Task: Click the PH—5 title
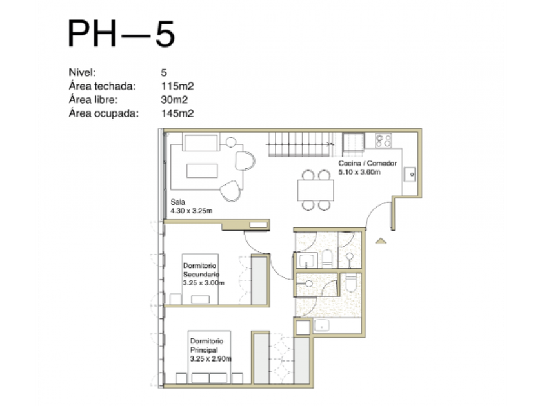coord(121,34)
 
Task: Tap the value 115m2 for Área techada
coord(177,86)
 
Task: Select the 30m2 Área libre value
coord(174,100)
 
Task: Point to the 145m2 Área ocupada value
coord(177,113)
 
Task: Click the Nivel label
coord(83,72)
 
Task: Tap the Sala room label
coord(177,202)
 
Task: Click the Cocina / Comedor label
coord(367,163)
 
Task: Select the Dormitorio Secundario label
coord(201,270)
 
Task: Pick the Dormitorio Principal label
coord(206,345)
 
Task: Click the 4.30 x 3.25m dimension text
coord(191,211)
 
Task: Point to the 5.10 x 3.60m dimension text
coord(359,172)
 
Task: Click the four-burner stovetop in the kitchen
coord(383,140)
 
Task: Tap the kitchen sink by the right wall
coord(410,175)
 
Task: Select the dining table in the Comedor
coord(316,190)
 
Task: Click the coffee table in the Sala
coord(202,171)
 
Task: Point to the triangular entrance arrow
coord(381,240)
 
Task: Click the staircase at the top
coord(299,144)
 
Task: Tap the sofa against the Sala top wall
coord(201,143)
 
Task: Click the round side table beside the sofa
coord(230,142)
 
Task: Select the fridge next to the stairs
coord(354,144)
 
